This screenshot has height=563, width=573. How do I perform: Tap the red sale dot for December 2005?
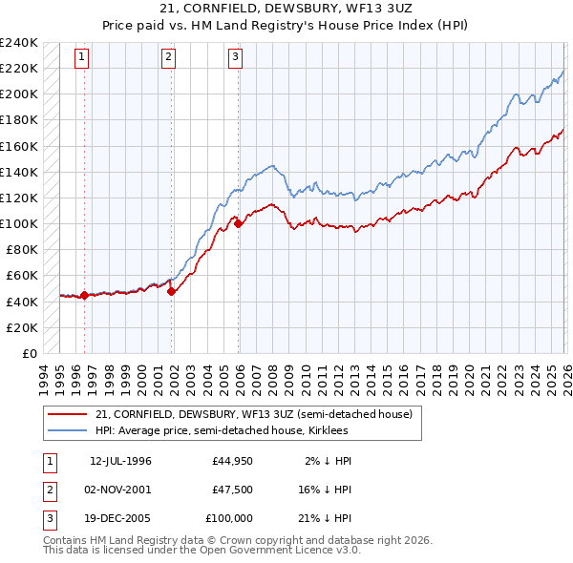coord(239,224)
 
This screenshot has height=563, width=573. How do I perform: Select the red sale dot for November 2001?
coord(172,292)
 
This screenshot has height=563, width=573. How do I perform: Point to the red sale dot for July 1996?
coord(84,295)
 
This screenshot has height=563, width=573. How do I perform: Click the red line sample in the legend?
coord(68,414)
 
